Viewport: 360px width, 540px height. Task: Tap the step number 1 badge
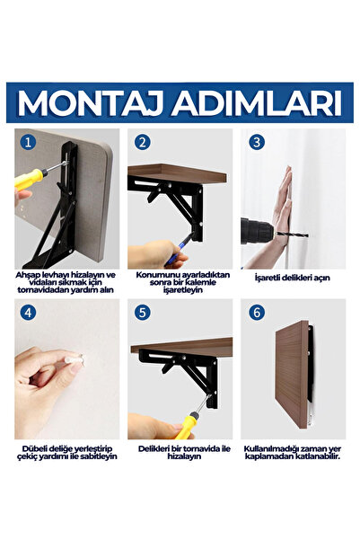pyautogui.click(x=28, y=141)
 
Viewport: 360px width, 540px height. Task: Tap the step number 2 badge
pyautogui.click(x=143, y=141)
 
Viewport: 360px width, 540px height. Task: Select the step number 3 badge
pyautogui.click(x=258, y=141)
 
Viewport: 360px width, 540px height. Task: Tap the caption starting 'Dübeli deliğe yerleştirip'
pyautogui.click(x=66, y=451)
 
